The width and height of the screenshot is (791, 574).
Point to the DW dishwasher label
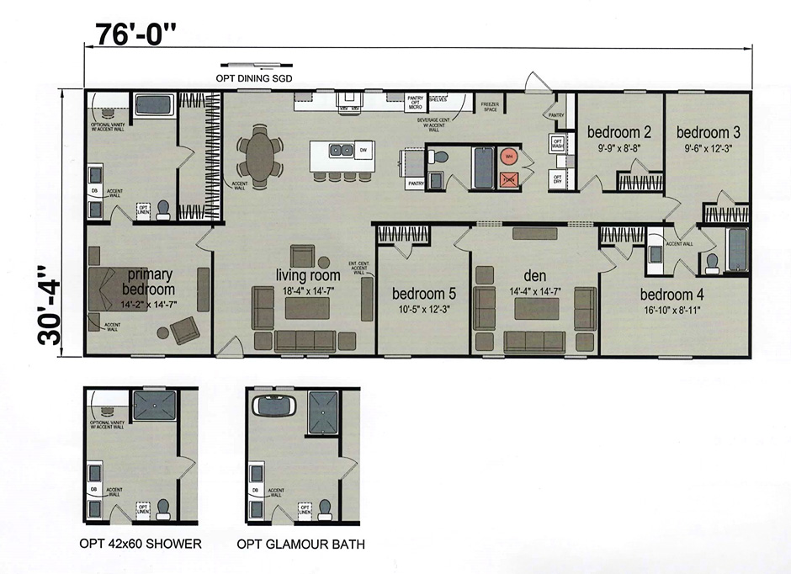(x=363, y=151)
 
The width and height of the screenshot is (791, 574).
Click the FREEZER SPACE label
(x=489, y=106)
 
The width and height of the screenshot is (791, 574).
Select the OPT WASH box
(x=557, y=143)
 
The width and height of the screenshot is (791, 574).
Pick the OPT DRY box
(x=557, y=179)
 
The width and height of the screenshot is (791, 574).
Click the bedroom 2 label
(x=619, y=132)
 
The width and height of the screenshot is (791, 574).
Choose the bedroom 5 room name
(x=423, y=294)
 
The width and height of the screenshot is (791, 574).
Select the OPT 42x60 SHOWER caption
(x=141, y=544)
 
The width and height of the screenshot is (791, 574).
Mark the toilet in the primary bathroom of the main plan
(x=163, y=209)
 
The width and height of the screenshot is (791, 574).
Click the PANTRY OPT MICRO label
(x=415, y=103)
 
